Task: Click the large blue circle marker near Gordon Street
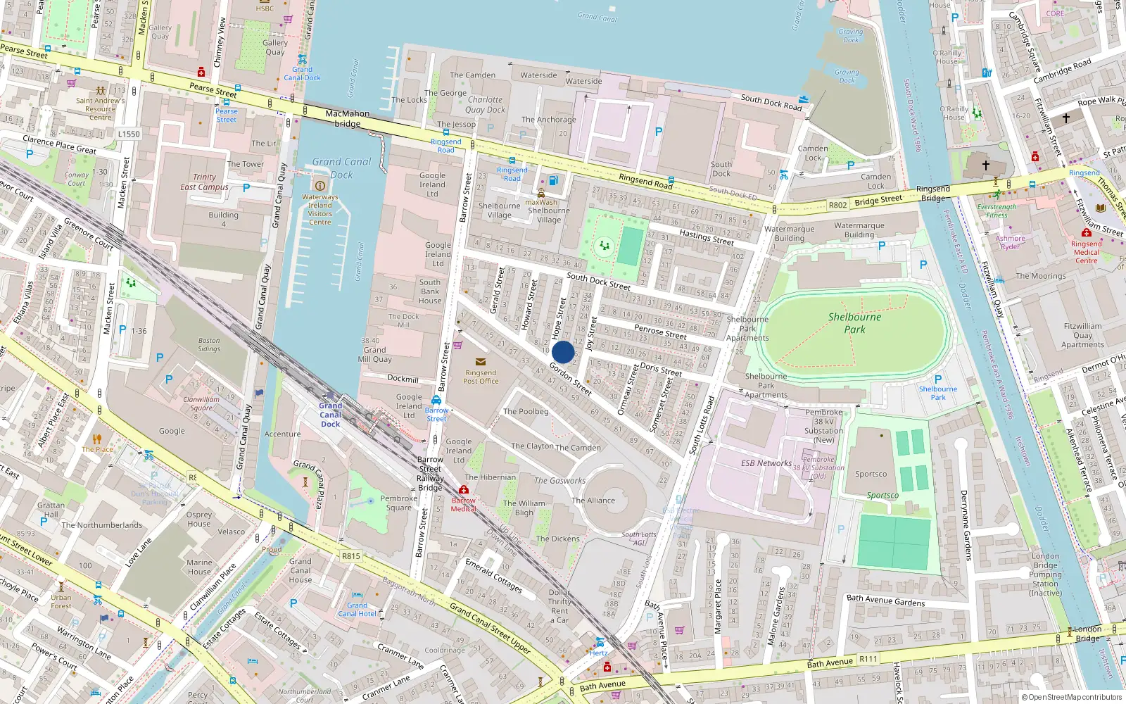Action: coord(563,352)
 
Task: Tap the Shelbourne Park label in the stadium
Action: coord(854,323)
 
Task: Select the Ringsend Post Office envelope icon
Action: coord(481,362)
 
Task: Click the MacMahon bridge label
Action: coord(347,118)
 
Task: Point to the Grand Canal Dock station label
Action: coord(330,415)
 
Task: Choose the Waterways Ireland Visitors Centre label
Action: coord(320,210)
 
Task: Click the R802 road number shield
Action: coord(837,205)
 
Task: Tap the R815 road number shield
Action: coord(350,556)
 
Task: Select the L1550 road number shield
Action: coord(129,134)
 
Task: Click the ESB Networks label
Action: coord(766,463)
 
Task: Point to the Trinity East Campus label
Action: coord(204,182)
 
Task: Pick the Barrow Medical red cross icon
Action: coord(463,490)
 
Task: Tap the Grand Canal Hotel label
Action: coord(357,610)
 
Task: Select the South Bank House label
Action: coord(430,291)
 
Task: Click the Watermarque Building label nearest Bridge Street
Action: coord(859,230)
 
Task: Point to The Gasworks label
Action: coord(559,481)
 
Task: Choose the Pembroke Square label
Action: coord(398,503)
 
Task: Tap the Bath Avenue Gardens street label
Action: coord(885,601)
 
